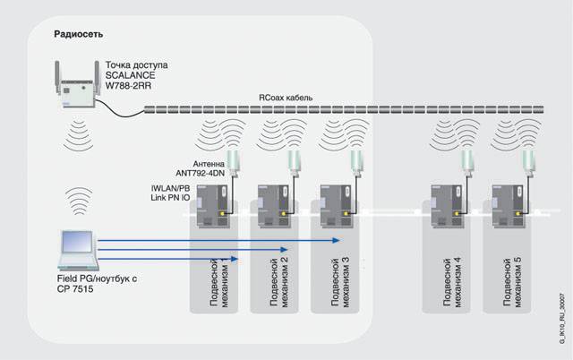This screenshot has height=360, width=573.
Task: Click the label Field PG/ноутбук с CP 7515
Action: click(90, 286)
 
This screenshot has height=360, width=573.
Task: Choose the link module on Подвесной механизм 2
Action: click(273, 205)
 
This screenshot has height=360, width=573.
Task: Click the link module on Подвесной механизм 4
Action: click(445, 205)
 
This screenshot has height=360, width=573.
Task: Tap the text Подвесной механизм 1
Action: click(219, 279)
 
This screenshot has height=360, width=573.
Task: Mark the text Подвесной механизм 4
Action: click(452, 279)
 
